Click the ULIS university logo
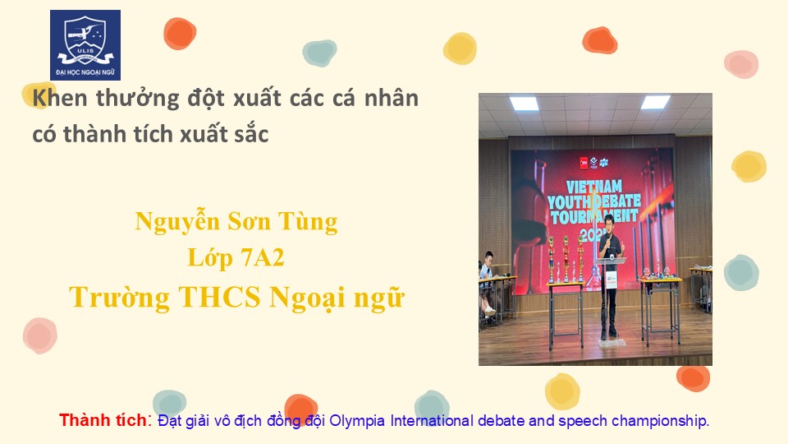point(85,45)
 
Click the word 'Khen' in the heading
point(60,98)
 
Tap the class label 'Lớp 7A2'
point(236,257)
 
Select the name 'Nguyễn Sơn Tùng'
point(236,222)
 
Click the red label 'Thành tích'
point(103,420)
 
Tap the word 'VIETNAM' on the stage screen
point(594,187)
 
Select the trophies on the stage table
point(566,259)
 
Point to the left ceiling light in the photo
point(525,104)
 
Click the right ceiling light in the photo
point(655,102)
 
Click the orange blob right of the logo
point(180,34)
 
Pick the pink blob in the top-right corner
point(741,64)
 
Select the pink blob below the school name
point(39,335)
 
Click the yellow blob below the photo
point(562,391)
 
